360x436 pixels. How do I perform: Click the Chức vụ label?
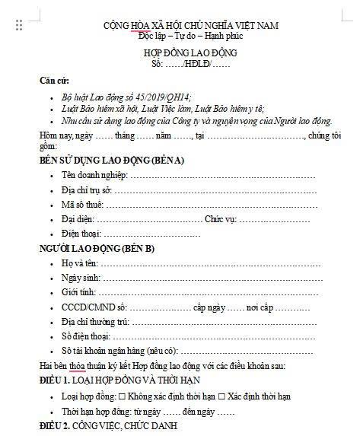pyautogui.click(x=221, y=219)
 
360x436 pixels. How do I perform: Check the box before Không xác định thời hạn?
pyautogui.click(x=131, y=396)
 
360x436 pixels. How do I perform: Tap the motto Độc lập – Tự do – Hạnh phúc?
pyautogui.click(x=190, y=36)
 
